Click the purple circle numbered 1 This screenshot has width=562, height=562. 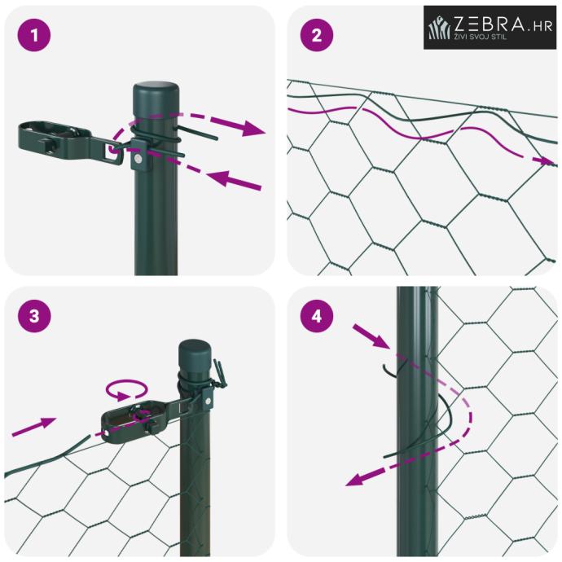pos(34,35)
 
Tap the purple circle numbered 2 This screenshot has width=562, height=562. pos(317,35)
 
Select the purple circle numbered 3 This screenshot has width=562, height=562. pos(34,316)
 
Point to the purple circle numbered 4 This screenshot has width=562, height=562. pos(317,316)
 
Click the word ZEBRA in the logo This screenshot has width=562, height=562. pos(490,24)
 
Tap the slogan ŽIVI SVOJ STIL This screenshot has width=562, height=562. pos(481,36)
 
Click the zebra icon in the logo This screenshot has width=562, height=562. pos(440,27)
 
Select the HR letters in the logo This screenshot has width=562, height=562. pos(542,26)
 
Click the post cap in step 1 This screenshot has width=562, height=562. pos(156,92)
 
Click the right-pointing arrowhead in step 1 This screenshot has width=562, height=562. pos(253,128)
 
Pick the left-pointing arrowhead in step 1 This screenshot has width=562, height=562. pos(219,178)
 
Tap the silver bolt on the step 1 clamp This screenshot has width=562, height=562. pos(138,158)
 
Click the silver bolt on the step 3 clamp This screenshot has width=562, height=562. pos(207,401)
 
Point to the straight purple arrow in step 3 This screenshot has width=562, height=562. pos(34,427)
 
